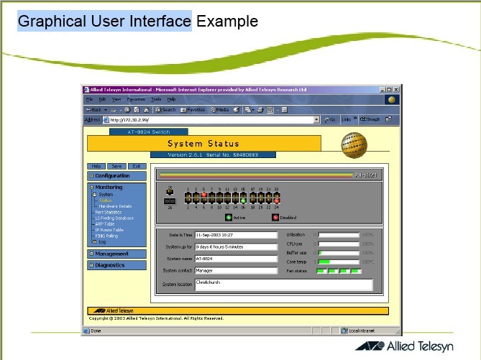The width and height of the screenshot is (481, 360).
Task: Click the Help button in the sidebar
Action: pos(96,166)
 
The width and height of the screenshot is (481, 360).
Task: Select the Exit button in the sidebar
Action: pos(136,166)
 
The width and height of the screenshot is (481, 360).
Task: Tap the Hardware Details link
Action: pos(115,206)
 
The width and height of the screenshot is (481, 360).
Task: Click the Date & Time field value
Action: pos(235,234)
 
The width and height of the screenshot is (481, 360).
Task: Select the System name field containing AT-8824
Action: pos(235,259)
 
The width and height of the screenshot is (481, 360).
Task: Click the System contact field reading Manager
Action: pos(235,271)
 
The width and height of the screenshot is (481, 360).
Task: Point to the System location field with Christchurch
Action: pos(283,285)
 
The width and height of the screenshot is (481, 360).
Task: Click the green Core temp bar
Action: pos(324,262)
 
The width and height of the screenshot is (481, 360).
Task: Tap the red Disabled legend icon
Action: pos(275,216)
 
